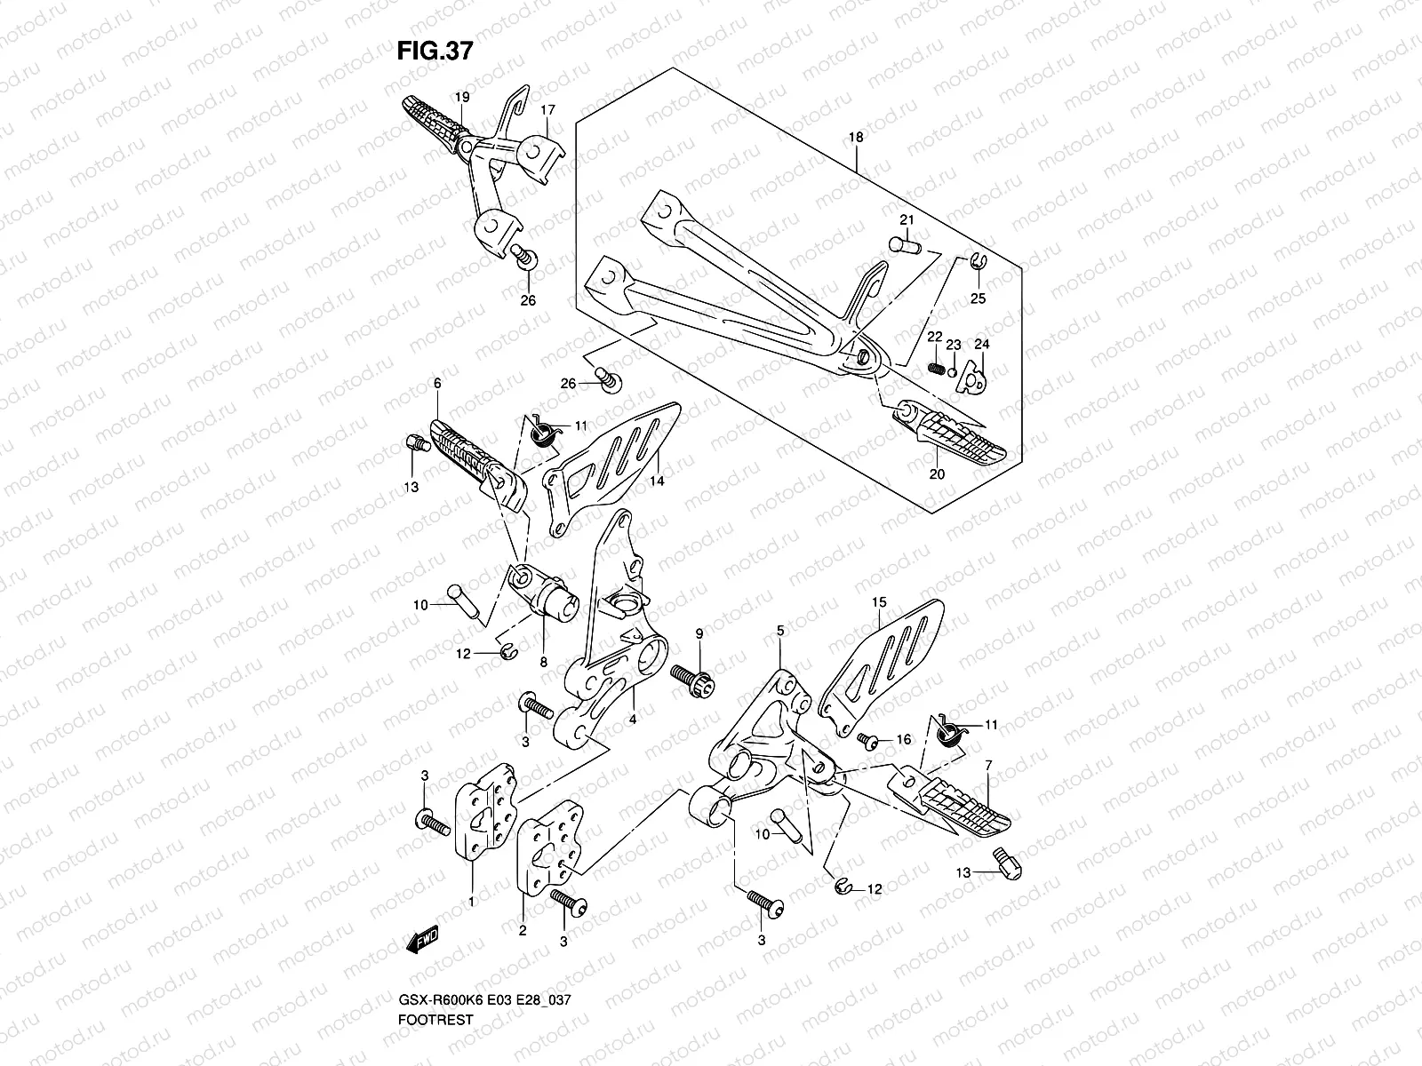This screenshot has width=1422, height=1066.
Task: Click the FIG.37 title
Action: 435,52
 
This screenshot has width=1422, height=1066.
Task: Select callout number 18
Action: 856,138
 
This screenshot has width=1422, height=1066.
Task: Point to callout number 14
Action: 656,480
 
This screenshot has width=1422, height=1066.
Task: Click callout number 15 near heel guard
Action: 878,602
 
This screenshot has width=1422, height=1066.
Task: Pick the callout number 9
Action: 699,632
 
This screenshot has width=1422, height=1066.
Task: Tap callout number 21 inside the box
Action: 906,219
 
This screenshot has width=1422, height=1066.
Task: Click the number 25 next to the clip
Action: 978,298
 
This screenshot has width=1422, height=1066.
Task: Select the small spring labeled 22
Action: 934,367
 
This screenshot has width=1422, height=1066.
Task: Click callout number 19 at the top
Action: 462,96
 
